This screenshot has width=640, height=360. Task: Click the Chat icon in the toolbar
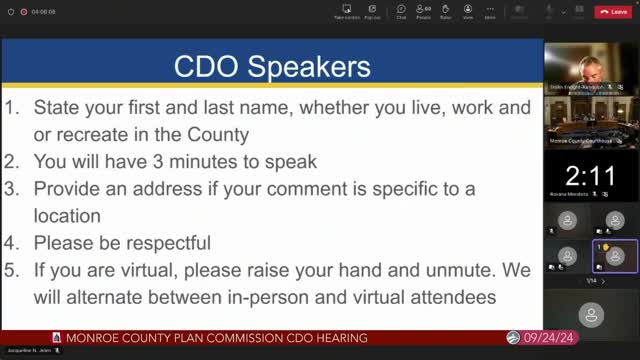[401, 11]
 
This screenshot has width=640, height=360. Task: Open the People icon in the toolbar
[423, 11]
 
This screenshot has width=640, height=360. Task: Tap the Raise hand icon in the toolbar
[445, 11]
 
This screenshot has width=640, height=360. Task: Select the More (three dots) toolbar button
[490, 11]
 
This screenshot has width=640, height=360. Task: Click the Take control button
[346, 11]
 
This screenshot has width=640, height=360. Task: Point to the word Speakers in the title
[309, 67]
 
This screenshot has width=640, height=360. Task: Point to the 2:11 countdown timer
[590, 177]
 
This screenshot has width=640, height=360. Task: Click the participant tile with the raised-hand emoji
[615, 256]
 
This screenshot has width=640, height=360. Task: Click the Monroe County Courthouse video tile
[590, 123]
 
